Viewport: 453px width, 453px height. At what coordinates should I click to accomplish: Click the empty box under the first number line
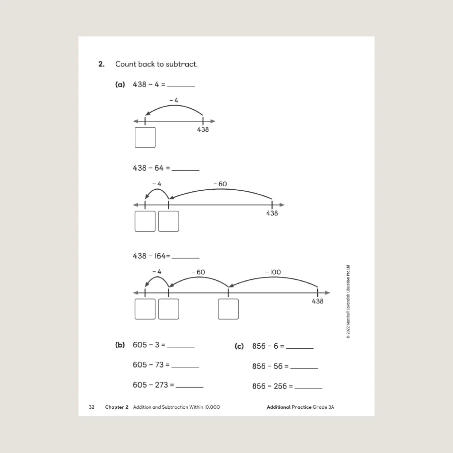(x=145, y=137)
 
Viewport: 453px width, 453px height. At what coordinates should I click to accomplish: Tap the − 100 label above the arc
(x=273, y=272)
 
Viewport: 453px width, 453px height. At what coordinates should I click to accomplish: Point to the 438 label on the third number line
(x=317, y=301)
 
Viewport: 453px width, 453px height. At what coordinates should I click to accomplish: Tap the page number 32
(x=92, y=407)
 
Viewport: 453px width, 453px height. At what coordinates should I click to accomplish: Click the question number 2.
(x=101, y=64)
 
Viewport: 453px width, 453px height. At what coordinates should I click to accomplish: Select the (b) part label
(x=120, y=345)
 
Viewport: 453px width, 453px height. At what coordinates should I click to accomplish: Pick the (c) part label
(x=239, y=346)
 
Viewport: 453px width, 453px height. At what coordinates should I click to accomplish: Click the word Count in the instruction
(x=126, y=64)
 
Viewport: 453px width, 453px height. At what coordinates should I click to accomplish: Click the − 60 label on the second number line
(x=220, y=184)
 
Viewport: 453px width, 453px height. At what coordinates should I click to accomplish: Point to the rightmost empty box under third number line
(x=228, y=309)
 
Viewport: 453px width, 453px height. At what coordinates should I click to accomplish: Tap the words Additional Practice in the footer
(x=289, y=407)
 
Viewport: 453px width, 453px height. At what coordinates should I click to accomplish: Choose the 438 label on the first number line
(x=202, y=129)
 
